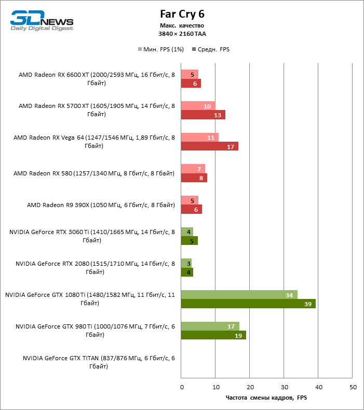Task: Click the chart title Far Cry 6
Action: pos(182,14)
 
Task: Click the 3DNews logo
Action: pos(42,21)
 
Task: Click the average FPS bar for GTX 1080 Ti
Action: pos(248,304)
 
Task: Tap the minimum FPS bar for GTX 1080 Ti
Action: pos(239,295)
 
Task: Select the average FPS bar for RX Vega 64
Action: pos(209,146)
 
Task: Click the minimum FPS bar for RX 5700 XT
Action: pos(198,106)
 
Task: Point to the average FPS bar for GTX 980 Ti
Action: pos(213,335)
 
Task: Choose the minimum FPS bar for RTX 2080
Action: pos(186,263)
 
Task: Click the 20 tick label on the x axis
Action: pos(250,387)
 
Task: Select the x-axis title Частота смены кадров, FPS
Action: pos(267,398)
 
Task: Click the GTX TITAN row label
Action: pos(99,362)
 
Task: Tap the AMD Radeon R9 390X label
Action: pos(101,205)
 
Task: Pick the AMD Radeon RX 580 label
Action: pos(94,173)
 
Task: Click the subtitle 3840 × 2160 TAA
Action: pos(182,33)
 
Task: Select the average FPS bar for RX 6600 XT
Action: pos(191,84)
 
